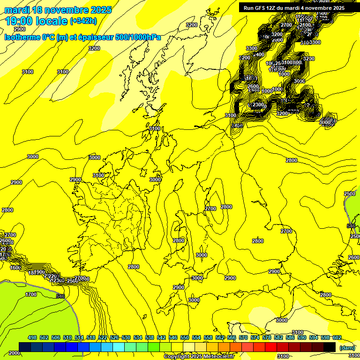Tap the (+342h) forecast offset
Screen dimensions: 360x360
[x=83, y=21]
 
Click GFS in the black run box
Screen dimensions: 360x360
[x=262, y=8]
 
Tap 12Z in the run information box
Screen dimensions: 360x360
[x=274, y=8]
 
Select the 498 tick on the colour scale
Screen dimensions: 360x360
[x=32, y=337]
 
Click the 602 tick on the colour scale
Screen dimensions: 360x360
[x=337, y=337]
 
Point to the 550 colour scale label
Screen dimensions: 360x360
[x=185, y=337]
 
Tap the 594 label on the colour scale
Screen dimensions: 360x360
[x=313, y=337]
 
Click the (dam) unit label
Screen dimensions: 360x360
[x=347, y=347]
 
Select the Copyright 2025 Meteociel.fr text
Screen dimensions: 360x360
[x=199, y=357]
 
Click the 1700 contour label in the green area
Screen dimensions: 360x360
[x=31, y=294]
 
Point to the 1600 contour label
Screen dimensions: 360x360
[x=15, y=268]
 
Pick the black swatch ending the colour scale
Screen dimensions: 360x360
[x=330, y=347]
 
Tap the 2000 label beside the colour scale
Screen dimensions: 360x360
[x=14, y=353]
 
